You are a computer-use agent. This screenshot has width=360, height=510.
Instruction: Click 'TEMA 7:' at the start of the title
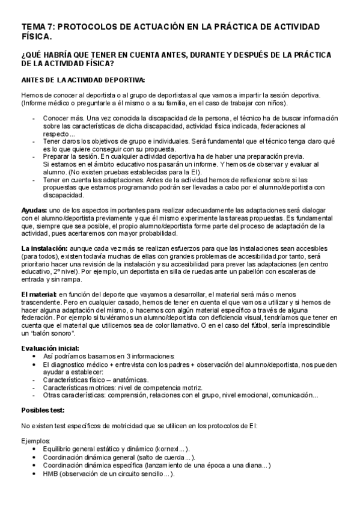click(38, 26)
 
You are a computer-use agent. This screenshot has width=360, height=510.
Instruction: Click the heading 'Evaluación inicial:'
click(50, 348)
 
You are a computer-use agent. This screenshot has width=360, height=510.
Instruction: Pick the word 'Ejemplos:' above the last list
click(35, 441)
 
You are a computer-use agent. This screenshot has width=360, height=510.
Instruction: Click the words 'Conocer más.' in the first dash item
click(63, 118)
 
